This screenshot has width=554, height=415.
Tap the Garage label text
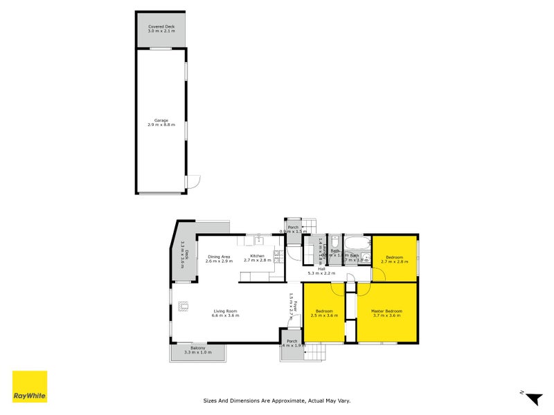coord(161,120)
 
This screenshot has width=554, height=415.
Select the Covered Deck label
coord(161,26)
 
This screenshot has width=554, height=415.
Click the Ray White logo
coord(30,387)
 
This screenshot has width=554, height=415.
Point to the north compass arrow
coord(533,398)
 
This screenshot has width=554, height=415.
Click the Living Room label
coord(225,311)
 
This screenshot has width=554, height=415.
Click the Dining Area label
coord(218,257)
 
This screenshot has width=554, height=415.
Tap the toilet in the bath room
coord(334,243)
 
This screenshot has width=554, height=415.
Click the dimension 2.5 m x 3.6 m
coord(324,316)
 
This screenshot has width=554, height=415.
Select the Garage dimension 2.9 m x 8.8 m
coord(161,125)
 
